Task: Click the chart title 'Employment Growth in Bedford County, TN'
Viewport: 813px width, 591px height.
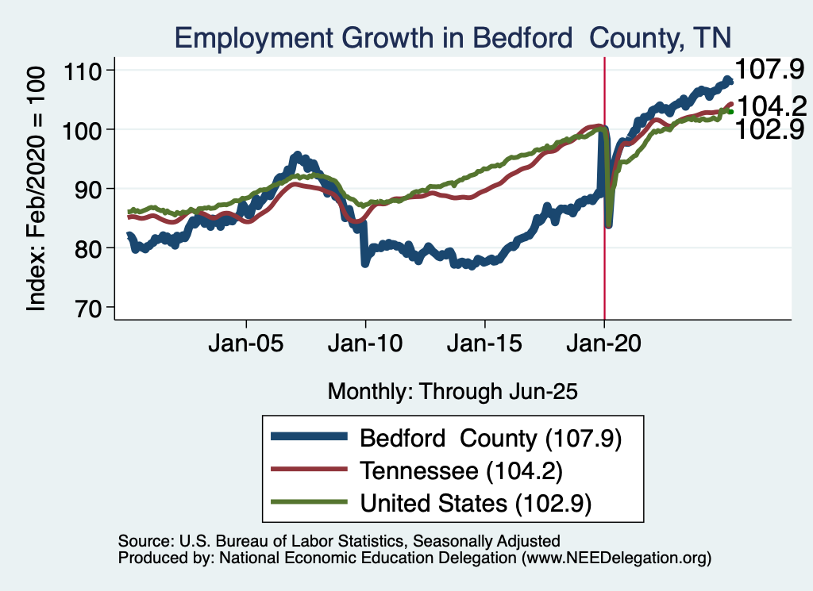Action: tap(453, 37)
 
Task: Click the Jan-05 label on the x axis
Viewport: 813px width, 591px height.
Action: tap(246, 346)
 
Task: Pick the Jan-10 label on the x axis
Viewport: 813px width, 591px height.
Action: tap(365, 346)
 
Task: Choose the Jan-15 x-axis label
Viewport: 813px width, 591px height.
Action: tap(485, 346)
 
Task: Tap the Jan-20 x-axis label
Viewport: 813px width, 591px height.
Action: tap(604, 346)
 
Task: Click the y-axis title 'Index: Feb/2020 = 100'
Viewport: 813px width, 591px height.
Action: tap(37, 189)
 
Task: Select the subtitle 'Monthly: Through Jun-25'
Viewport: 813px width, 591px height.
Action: tap(452, 391)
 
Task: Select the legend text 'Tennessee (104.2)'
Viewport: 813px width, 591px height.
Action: tap(461, 470)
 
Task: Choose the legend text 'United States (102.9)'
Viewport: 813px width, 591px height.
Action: tap(476, 503)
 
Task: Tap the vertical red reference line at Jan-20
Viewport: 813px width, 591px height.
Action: tap(605, 238)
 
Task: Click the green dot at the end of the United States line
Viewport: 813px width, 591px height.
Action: tap(730, 112)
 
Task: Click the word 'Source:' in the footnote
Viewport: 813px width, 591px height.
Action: tap(143, 541)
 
